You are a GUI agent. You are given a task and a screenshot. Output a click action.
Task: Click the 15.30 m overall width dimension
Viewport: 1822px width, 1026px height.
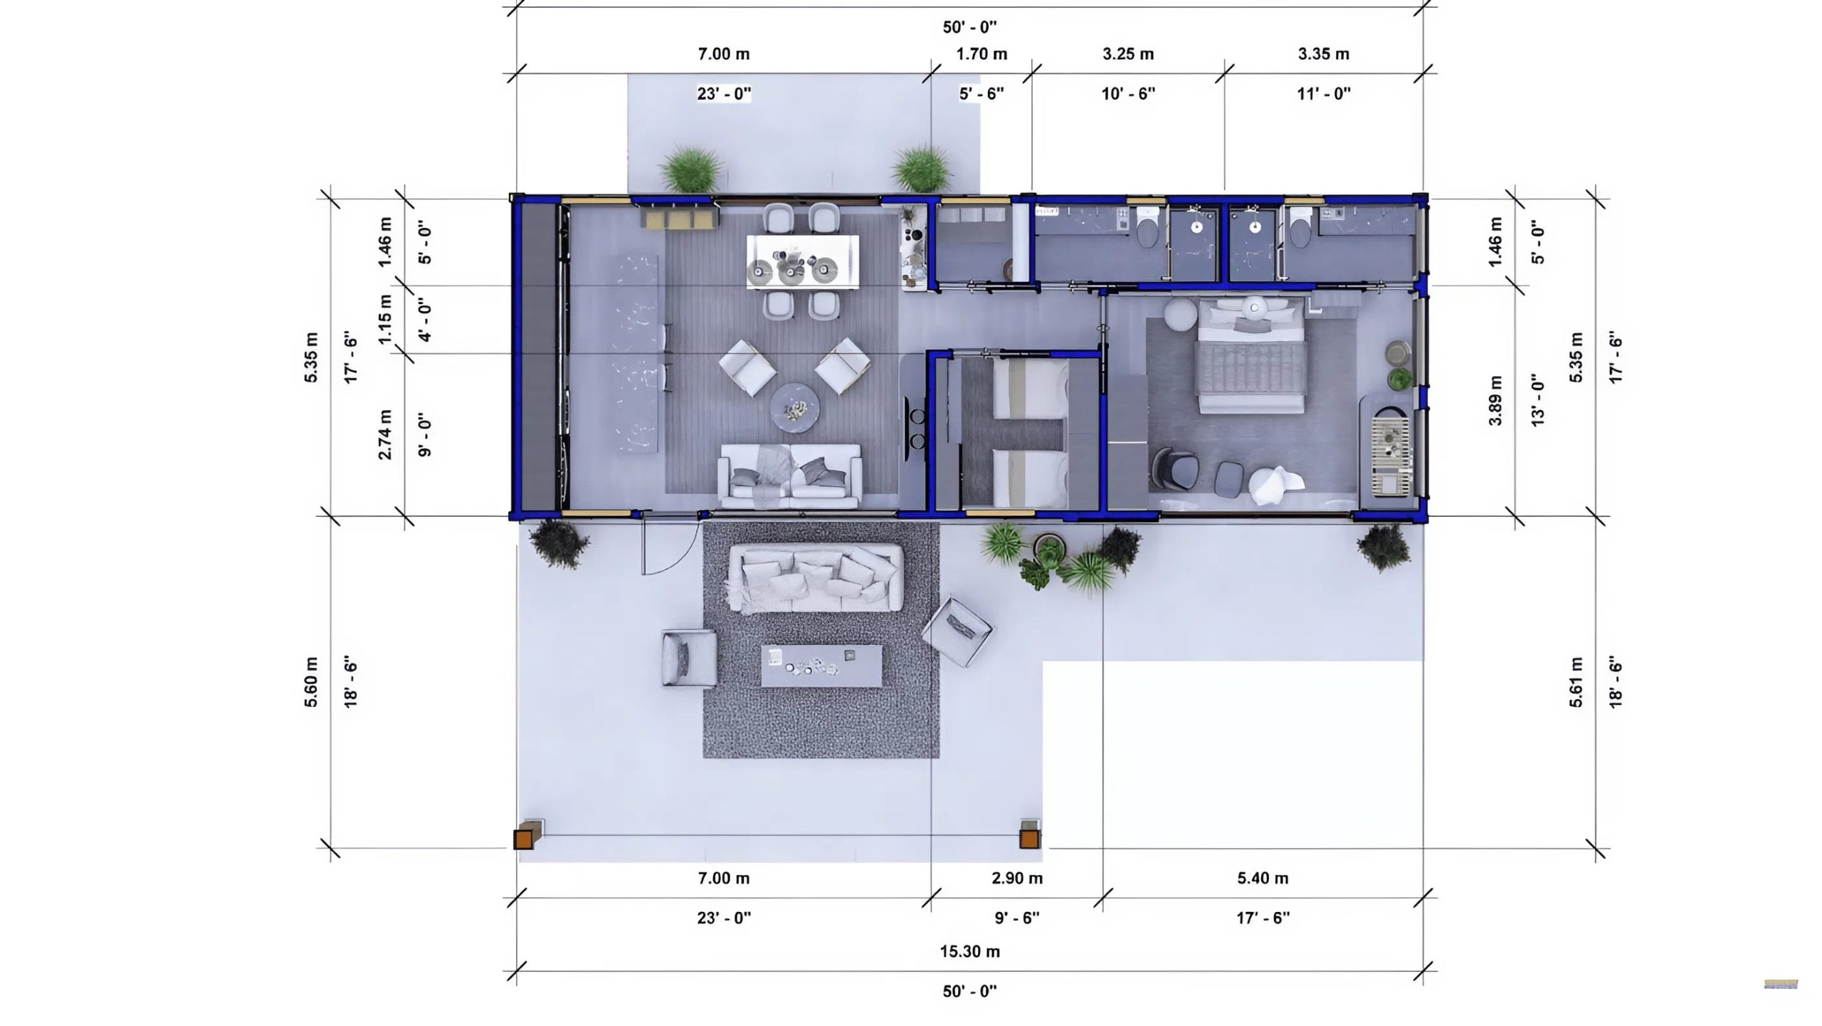[x=969, y=951]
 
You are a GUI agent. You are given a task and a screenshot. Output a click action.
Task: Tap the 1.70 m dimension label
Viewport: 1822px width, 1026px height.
[x=981, y=54]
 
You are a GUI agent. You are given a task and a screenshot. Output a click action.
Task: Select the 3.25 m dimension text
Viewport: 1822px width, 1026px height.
[x=1128, y=54]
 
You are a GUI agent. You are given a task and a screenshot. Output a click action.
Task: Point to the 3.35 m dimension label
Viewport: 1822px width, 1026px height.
[x=1323, y=54]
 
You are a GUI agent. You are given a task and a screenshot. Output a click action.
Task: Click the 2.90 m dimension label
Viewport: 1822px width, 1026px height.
[x=1017, y=878]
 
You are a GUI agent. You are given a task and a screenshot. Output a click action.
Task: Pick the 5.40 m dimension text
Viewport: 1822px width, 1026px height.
[x=1263, y=878]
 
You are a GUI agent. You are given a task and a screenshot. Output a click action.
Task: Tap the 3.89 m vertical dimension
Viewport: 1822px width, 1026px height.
[x=1495, y=400]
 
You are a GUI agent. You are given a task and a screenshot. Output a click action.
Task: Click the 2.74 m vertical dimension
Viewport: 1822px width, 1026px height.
[x=384, y=434]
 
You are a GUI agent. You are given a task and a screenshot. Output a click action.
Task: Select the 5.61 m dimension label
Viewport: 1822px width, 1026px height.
[x=1576, y=682]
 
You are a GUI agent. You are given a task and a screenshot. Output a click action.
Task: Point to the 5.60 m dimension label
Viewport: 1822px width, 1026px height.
[x=311, y=682]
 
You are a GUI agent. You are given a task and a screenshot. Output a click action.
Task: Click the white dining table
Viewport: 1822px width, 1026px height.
[x=803, y=261]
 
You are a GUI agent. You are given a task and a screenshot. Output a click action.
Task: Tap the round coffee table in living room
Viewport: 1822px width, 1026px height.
[x=795, y=408]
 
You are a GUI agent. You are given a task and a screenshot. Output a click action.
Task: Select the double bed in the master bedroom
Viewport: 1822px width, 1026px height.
[x=1252, y=355]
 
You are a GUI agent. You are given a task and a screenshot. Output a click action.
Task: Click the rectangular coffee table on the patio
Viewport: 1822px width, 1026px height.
[x=821, y=666]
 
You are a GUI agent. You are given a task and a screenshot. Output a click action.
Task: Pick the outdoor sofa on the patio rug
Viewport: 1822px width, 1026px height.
[x=816, y=578]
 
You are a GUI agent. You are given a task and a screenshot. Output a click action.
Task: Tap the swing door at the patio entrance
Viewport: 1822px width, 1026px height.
[x=670, y=544]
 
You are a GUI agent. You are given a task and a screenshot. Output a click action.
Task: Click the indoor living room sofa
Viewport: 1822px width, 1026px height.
[x=789, y=476]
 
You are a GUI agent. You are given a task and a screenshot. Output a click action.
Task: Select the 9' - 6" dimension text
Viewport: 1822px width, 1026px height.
[x=1017, y=918]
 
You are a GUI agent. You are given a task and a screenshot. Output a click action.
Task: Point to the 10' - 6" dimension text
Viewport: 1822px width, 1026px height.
[x=1128, y=93]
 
